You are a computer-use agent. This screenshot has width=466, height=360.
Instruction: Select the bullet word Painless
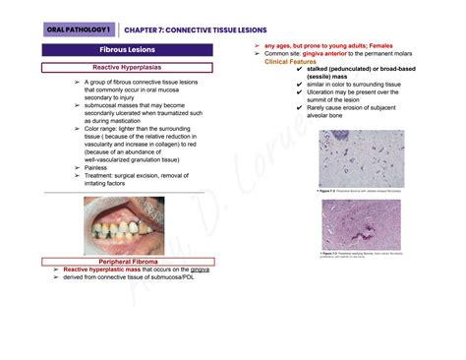click(x=101, y=167)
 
